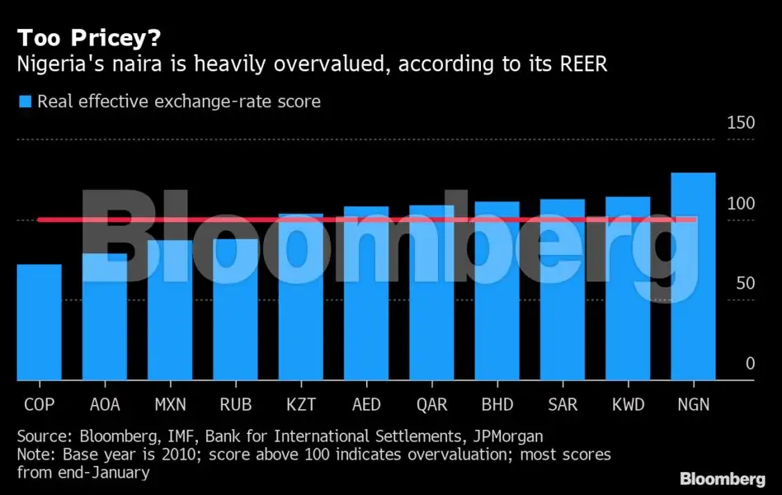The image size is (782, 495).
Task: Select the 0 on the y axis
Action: pyautogui.click(x=750, y=364)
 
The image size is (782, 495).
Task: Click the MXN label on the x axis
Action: pyautogui.click(x=170, y=405)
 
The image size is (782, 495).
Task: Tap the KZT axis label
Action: pyautogui.click(x=300, y=405)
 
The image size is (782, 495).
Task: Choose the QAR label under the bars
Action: pyautogui.click(x=431, y=405)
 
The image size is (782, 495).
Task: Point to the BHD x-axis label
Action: pyautogui.click(x=497, y=405)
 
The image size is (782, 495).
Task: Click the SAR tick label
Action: pyautogui.click(x=562, y=405)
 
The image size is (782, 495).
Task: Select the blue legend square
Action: pyautogui.click(x=24, y=102)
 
